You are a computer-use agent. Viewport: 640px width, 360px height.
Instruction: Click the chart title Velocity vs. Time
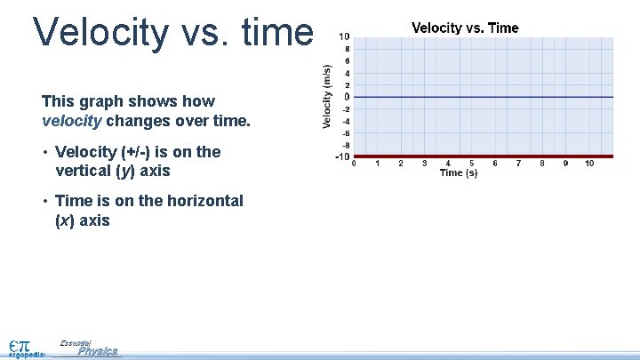point(465,28)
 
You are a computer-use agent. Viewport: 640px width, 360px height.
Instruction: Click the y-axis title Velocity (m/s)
point(326,96)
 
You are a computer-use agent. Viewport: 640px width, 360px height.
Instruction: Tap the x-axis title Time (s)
point(459,173)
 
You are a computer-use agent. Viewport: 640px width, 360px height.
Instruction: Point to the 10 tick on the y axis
point(344,36)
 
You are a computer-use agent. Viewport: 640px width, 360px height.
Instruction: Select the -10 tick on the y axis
point(342,157)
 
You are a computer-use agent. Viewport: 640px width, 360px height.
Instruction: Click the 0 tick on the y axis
point(346,97)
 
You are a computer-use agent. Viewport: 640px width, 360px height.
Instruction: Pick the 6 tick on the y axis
point(346,60)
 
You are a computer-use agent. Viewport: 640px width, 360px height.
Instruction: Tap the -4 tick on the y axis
point(345,121)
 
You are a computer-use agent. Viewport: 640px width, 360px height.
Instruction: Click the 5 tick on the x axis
point(471,164)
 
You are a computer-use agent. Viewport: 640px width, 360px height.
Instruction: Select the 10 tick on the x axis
point(589,164)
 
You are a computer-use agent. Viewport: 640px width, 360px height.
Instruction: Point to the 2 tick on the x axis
point(401,164)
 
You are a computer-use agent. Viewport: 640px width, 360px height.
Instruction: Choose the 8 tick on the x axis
point(542,164)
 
